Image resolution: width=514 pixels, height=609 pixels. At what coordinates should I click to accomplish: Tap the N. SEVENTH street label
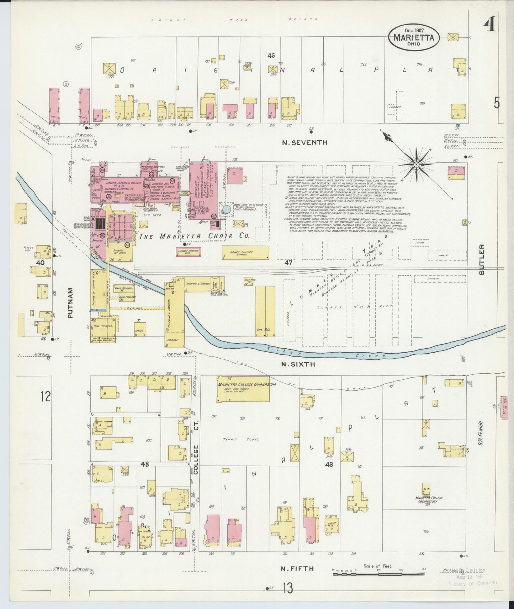click(304, 143)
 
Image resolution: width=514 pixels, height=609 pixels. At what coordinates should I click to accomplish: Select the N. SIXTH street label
click(298, 364)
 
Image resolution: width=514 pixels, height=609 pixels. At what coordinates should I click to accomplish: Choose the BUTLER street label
click(482, 259)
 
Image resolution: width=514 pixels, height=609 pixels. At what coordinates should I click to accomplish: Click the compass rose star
click(416, 164)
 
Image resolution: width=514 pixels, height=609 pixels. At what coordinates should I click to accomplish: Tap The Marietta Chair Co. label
click(195, 236)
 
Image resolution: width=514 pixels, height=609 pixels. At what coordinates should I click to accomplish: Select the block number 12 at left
click(46, 396)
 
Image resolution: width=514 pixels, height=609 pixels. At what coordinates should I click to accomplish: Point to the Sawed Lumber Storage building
click(245, 252)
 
